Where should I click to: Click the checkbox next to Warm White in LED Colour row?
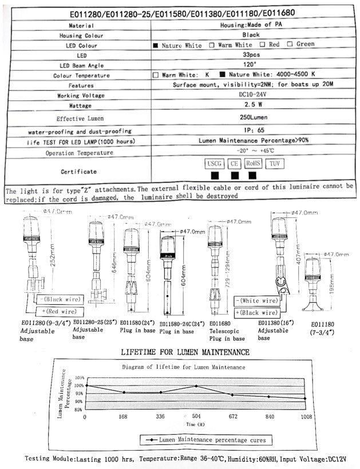pyautogui.click(x=212, y=45)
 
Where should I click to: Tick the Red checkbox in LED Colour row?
pyautogui.click(x=262, y=44)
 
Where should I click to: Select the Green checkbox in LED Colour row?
pyautogui.click(x=290, y=44)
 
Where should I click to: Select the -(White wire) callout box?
pyautogui.click(x=257, y=300)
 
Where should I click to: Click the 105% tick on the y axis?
pyautogui.click(x=78, y=379)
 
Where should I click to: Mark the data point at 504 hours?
pyautogui.click(x=196, y=386)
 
